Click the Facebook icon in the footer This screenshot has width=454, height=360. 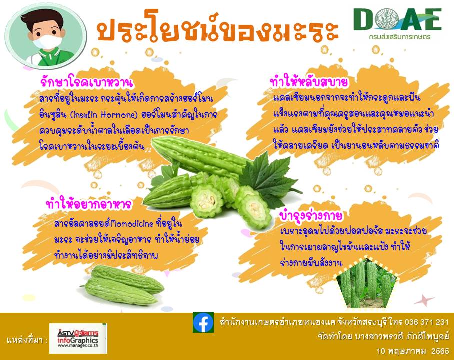pos(203,322)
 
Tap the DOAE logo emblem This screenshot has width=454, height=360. pos(387,19)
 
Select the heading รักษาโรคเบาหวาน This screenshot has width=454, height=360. pos(87,82)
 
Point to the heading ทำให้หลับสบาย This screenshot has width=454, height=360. pos(309,82)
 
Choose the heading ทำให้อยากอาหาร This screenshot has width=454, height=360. pos(89,204)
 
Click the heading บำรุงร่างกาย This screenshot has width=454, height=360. pos(311,216)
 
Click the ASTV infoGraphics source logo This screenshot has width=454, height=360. pos(78,338)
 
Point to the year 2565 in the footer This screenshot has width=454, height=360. pos(440,351)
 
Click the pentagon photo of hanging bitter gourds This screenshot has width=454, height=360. pos(367,283)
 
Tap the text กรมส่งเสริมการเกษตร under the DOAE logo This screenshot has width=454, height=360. pos(399,37)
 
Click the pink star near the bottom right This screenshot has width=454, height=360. pos(424,300)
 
